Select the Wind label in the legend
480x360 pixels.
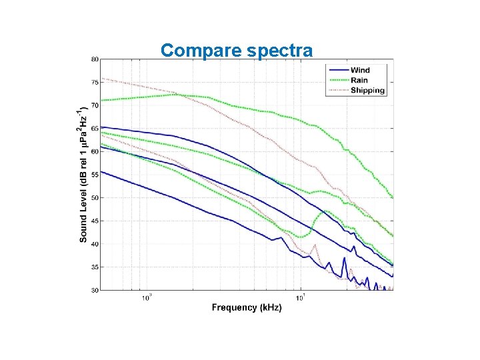[x=360, y=70]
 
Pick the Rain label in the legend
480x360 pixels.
[x=359, y=80]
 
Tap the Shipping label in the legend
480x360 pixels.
[x=367, y=90]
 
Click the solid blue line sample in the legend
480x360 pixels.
[x=338, y=70]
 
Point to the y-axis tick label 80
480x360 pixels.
[x=95, y=59]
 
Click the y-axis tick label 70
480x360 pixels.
[x=95, y=105]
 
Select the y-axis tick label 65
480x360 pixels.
[x=95, y=129]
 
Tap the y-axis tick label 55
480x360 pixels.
[x=95, y=175]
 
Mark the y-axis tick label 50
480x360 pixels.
[x=95, y=198]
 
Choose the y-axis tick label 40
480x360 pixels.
[x=95, y=244]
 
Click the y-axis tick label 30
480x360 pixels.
[x=95, y=290]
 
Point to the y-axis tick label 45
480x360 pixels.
[x=95, y=221]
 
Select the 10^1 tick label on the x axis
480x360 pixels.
[x=301, y=297]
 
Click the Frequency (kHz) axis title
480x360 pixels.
[x=247, y=307]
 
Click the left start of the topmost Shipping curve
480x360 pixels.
[x=101, y=79]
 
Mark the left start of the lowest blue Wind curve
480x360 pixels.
[x=101, y=171]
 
